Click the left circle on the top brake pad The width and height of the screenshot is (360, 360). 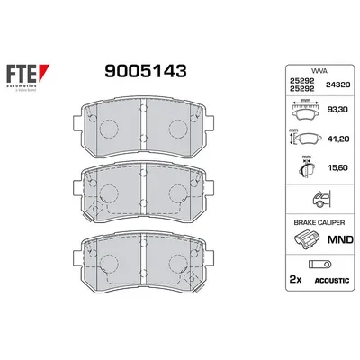click(107, 129)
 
